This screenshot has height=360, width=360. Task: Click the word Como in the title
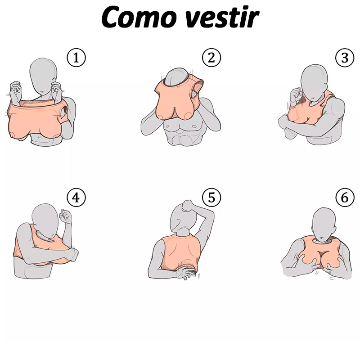pos(139,17)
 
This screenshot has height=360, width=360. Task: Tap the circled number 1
pos(76,58)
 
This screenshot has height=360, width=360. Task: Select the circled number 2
pos(211,58)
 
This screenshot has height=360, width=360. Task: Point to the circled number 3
pos(345,58)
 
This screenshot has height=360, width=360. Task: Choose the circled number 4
pos(76,198)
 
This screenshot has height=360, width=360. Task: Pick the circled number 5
pos(211,198)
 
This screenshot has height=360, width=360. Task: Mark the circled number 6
pos(345,198)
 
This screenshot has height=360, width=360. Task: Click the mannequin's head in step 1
pos(43,75)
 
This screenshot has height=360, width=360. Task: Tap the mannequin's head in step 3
pos(314,82)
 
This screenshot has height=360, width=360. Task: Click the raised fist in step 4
pos(66,216)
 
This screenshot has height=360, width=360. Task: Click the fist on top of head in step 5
pos(188,205)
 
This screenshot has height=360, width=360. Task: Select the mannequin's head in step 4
pos(45,220)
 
